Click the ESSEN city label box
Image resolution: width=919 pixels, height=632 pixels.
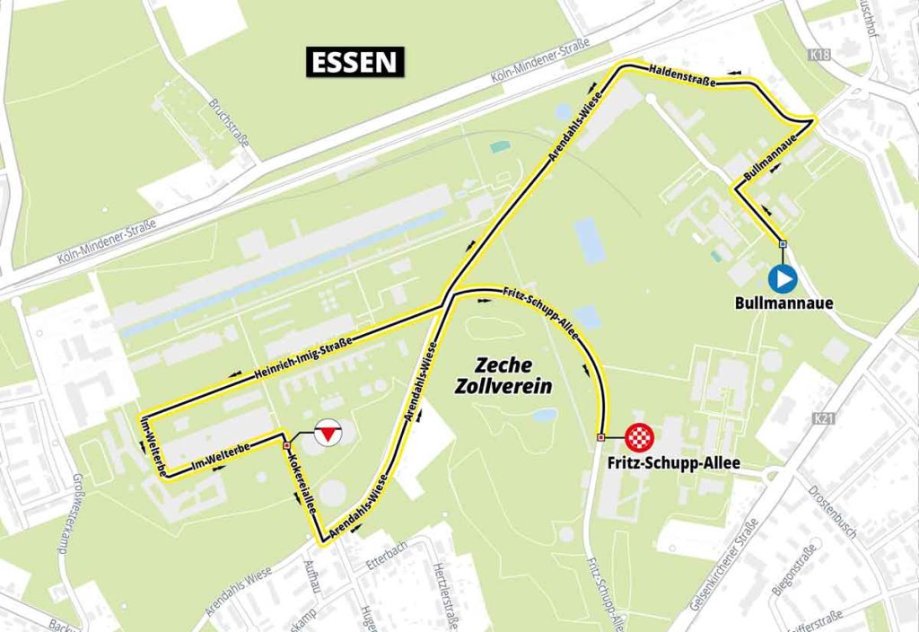(355, 62)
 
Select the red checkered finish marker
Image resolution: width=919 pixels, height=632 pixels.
(640, 438)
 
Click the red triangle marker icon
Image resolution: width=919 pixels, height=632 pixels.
(329, 434)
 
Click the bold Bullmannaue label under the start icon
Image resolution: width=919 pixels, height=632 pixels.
(783, 303)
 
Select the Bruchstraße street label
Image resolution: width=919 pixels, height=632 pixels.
(229, 127)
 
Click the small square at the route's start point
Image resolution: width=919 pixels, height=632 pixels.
(783, 244)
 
